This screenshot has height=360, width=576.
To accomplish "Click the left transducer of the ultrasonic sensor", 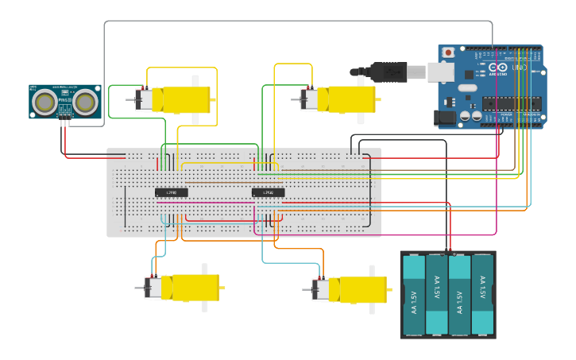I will click(x=45, y=101).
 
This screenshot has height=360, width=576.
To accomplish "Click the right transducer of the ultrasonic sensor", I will click(x=86, y=101).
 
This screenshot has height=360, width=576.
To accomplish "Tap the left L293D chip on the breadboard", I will click(x=171, y=192).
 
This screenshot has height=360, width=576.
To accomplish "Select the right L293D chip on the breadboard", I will click(x=268, y=192).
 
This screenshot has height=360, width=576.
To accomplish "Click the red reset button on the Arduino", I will click(x=448, y=53).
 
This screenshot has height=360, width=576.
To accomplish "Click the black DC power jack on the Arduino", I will click(x=446, y=118).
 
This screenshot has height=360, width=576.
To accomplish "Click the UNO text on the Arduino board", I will click(x=518, y=68).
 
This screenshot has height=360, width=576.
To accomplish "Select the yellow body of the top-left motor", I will click(x=187, y=99).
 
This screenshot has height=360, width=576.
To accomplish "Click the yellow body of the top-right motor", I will click(x=352, y=99).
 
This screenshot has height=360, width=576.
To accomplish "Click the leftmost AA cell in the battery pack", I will click(x=414, y=295).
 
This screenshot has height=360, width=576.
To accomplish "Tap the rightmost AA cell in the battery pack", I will click(x=482, y=295).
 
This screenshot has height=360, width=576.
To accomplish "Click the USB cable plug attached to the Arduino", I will click(x=389, y=72).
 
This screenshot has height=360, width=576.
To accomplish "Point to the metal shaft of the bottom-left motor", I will click(x=140, y=288).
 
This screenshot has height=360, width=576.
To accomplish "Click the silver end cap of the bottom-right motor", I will click(x=319, y=289).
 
